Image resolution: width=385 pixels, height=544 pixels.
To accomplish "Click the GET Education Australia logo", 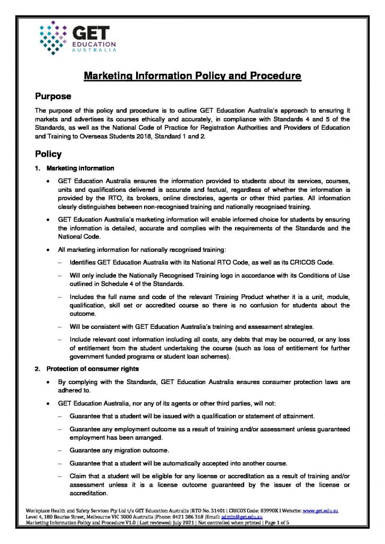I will click(74, 36).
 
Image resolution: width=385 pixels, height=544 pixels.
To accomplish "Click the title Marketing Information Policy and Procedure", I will click(192, 76).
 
